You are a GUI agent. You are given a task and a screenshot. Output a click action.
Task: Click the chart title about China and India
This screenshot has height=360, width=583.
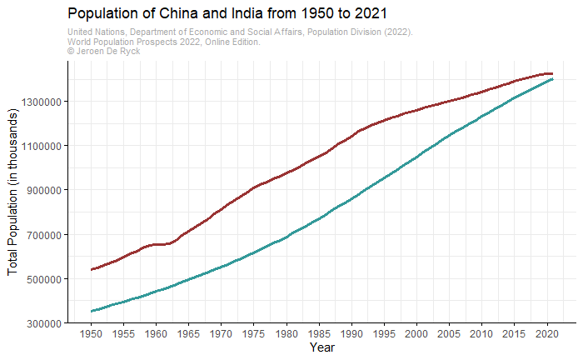227,14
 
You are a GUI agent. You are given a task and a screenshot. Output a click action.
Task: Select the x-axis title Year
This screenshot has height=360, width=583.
321,347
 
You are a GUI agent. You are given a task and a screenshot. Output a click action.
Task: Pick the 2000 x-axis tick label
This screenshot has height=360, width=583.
416,333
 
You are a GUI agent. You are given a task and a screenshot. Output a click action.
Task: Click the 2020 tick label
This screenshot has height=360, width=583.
546,333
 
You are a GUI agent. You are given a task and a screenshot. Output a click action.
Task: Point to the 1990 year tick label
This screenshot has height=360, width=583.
351,333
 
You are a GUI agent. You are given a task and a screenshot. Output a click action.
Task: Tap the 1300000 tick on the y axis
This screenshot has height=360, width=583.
39,102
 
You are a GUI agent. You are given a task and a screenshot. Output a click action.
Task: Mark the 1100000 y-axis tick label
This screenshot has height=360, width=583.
39,146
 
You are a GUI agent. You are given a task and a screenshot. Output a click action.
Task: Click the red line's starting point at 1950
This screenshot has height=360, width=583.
92,269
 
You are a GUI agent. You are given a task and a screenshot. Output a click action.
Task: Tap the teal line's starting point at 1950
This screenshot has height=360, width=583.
92,311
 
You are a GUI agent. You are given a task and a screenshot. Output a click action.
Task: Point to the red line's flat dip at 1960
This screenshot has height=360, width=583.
157,244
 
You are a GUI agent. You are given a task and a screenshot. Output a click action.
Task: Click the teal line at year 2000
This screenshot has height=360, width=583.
416,157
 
